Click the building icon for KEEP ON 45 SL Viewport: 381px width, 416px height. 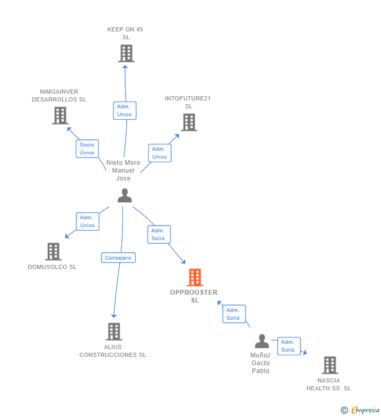click(126, 53)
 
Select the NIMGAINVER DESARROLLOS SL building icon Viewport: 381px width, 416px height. click(60, 116)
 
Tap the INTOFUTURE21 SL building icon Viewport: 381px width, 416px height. click(189, 122)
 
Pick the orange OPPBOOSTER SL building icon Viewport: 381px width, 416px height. click(195, 277)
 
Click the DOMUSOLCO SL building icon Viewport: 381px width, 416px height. click(53, 252)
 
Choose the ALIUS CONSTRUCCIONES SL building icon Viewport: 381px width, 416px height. click(114, 331)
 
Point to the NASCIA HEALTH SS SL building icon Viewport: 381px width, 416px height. click(329, 365)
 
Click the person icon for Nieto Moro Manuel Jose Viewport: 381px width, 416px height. click(125, 196)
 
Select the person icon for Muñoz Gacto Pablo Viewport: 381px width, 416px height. click(262, 341)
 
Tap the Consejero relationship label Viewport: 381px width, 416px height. click(118, 257)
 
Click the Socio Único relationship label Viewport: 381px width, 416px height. click(87, 149)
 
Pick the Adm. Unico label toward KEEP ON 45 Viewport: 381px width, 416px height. click(125, 110)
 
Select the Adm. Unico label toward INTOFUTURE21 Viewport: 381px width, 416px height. click(160, 153)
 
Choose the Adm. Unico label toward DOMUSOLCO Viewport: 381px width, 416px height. click(87, 221)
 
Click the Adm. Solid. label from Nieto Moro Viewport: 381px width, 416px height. click(159, 234)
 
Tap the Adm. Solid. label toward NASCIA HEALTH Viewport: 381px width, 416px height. click(289, 346)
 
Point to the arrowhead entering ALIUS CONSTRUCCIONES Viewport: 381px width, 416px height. click(114, 316)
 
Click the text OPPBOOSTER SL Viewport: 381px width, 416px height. click(194, 296)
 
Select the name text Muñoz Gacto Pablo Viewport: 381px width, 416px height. click(260, 363)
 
